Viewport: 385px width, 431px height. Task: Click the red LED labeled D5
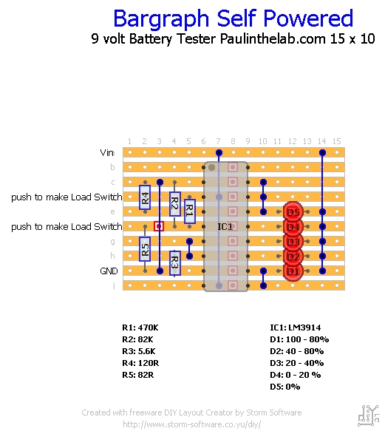click(293, 212)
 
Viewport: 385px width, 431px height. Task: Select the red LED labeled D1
click(293, 271)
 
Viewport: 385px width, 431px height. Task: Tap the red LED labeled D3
click(293, 242)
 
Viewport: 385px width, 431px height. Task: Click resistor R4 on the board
click(145, 197)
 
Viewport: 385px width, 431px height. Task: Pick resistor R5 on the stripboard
click(145, 249)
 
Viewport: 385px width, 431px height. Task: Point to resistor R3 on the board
click(175, 263)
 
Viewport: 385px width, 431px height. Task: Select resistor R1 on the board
click(190, 211)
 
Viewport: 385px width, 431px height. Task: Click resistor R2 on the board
click(175, 204)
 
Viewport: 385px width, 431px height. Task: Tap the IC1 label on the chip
click(225, 226)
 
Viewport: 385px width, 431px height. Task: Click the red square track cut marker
click(159, 226)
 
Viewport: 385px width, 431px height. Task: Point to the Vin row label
click(107, 152)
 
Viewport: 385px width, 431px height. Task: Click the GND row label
click(109, 271)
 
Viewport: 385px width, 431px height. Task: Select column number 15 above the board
click(337, 141)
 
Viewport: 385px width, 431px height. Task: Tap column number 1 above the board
click(129, 141)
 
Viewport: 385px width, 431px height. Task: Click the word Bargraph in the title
click(161, 18)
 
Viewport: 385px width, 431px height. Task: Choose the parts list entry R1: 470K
click(140, 328)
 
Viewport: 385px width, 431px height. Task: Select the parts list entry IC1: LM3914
click(296, 328)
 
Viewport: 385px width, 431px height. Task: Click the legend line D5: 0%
click(285, 387)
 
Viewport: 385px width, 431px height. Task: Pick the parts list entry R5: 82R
click(138, 375)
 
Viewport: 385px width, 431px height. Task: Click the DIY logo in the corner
click(369, 415)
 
